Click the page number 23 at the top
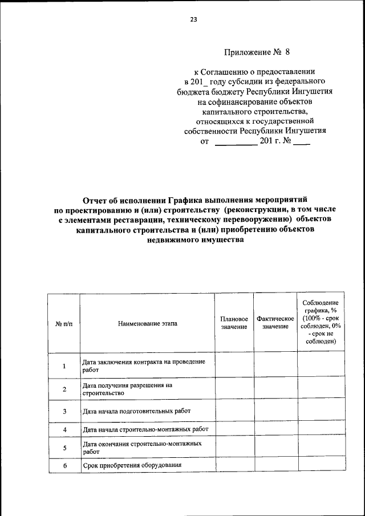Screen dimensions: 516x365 coord(193,19)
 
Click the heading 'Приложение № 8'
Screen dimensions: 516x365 coord(257,52)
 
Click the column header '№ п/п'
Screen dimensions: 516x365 coord(64,323)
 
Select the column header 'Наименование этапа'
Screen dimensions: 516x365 coord(148,323)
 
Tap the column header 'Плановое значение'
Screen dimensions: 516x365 coord(234,323)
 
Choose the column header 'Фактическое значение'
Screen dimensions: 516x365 coord(275,323)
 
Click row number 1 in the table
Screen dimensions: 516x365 coord(64,366)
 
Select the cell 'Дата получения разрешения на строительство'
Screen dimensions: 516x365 coord(127,389)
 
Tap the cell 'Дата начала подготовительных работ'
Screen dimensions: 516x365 coord(136,411)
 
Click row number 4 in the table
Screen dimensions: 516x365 coord(64,429)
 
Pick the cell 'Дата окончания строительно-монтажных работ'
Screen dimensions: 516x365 coord(141,447)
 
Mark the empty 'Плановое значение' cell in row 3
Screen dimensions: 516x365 coord(234,411)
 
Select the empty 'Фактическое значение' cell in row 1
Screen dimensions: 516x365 coord(275,365)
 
